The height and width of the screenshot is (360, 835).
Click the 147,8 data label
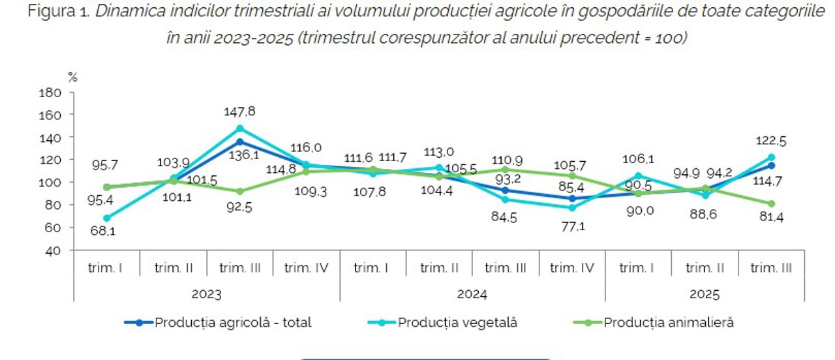pos(241,112)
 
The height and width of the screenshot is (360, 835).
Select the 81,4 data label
pos(770,217)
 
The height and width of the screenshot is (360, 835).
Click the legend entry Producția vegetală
pos(457,322)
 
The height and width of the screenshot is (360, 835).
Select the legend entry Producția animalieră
pos(669,322)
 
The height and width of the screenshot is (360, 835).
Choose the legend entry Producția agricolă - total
pos(233,322)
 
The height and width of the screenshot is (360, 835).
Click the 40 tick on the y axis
pos(55,250)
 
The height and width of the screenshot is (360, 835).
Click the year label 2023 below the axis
pos(206,294)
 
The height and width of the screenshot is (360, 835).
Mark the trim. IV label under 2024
pos(572,267)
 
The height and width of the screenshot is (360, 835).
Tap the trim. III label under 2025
pos(770,267)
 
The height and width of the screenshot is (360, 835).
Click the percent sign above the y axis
pos(72,77)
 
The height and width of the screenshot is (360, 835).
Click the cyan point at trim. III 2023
pos(240,128)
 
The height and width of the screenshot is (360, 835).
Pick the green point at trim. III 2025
pos(770,203)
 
